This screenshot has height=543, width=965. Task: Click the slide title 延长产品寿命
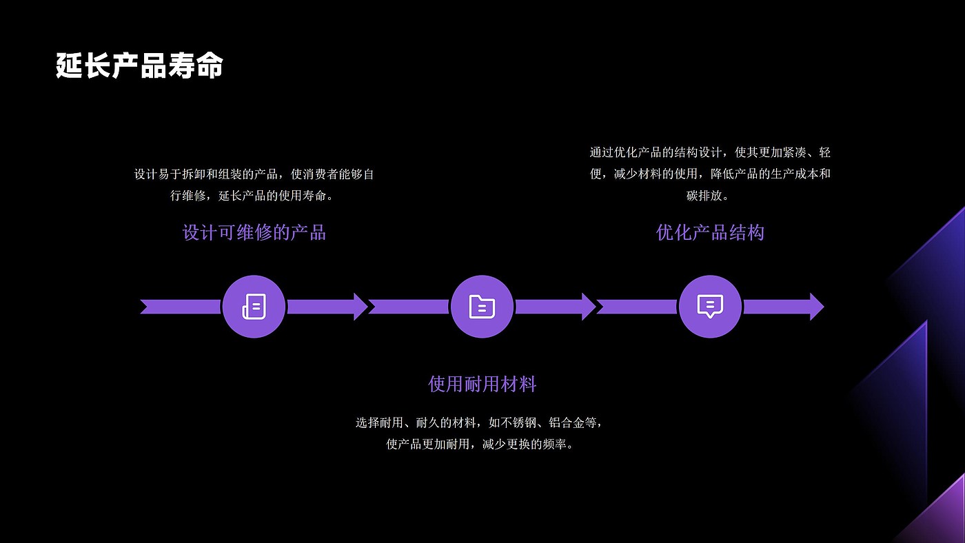pyautogui.click(x=139, y=67)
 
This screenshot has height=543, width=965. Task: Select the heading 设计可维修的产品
pyautogui.click(x=254, y=232)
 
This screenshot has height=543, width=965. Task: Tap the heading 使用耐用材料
pyautogui.click(x=482, y=384)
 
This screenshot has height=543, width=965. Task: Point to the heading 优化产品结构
pyautogui.click(x=710, y=232)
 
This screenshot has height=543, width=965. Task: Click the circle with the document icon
pyautogui.click(x=254, y=307)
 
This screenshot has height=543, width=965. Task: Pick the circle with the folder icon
pyautogui.click(x=482, y=307)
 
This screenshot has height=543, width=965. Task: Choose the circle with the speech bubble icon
pyautogui.click(x=710, y=307)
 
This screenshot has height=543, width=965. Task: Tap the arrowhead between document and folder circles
pyautogui.click(x=360, y=307)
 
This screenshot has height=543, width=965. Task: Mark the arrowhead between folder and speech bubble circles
pyautogui.click(x=588, y=307)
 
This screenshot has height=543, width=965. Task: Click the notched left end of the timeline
pyautogui.click(x=146, y=307)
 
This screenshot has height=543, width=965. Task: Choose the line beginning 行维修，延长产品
pyautogui.click(x=254, y=196)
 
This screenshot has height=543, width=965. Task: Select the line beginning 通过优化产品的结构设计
pyautogui.click(x=710, y=152)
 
